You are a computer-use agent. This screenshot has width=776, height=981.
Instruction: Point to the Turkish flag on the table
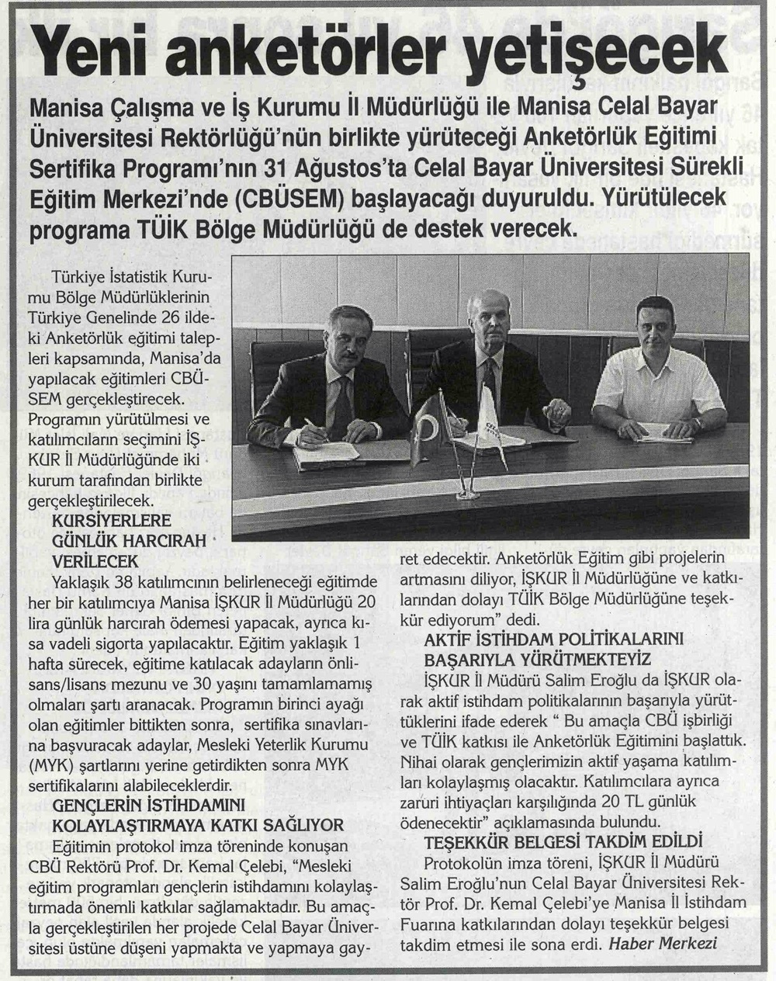428,425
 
